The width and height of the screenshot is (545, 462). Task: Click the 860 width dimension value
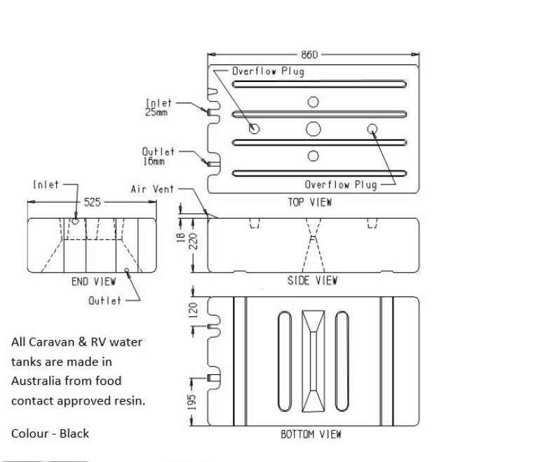309,55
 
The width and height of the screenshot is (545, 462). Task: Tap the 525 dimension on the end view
92,202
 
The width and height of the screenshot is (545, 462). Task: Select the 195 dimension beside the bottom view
191,402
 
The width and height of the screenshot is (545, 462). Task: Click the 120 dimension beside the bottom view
193,310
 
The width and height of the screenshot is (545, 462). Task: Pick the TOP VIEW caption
310,202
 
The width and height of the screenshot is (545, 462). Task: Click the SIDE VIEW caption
312,280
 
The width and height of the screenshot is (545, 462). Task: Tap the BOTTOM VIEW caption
311,434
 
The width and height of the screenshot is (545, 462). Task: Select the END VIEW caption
93,281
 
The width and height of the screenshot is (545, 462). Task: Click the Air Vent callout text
152,189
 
